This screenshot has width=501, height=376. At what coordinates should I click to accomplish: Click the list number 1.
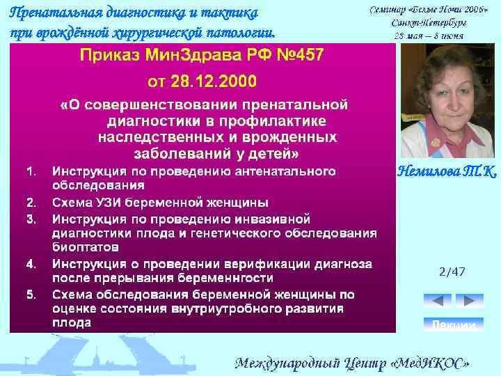coord(30,171)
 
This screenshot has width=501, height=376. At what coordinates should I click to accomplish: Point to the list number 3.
coord(31,219)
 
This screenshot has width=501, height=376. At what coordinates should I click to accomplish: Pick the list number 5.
coord(31,293)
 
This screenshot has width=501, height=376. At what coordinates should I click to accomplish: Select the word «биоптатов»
coord(85,247)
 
